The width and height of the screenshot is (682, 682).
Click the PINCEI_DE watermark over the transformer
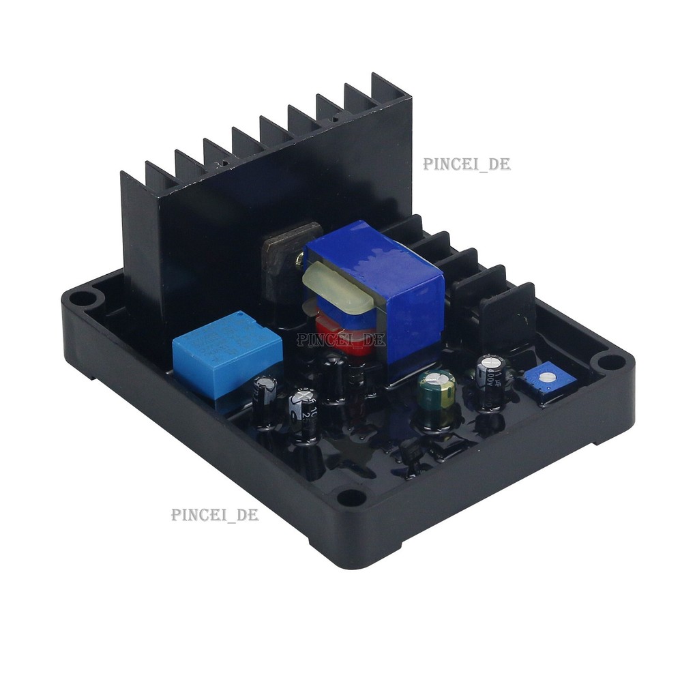[340, 339]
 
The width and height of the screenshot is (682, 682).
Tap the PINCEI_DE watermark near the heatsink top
[466, 164]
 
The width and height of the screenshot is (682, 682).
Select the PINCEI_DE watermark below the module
[215, 515]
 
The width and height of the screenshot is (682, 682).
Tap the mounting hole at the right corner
[604, 361]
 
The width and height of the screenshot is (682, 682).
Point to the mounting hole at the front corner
[352, 497]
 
